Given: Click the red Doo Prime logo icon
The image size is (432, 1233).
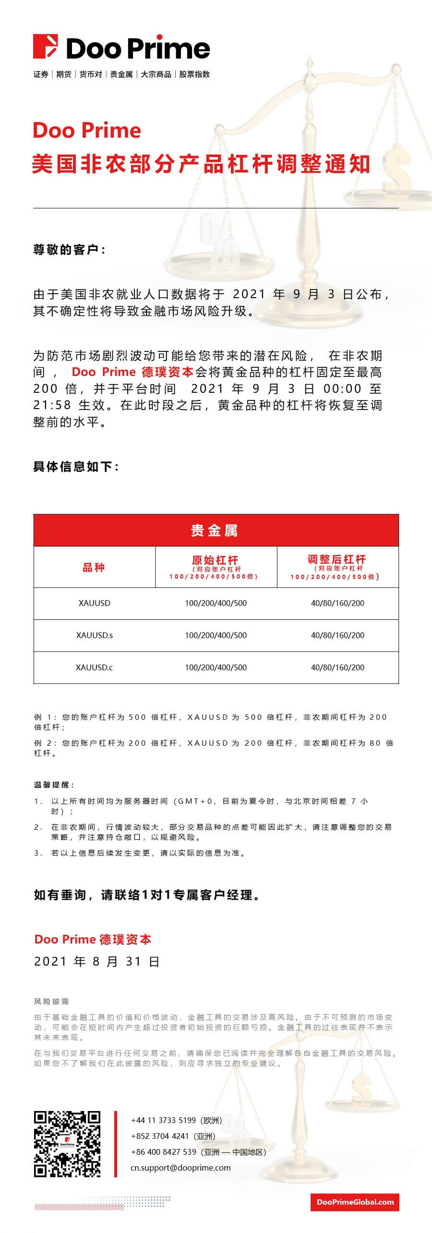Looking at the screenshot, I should point(45,47).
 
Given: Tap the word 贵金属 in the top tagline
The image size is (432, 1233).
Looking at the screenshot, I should point(121,74).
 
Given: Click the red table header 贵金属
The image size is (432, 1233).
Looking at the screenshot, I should point(216,531).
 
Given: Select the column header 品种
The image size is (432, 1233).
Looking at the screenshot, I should point(94,568).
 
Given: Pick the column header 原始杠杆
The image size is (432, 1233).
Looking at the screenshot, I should point(216,560).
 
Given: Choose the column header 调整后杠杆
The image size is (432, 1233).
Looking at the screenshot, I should point(337,559).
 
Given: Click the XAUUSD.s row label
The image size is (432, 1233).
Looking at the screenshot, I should point(95,635).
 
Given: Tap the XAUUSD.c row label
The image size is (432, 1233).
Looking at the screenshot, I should point(95,667).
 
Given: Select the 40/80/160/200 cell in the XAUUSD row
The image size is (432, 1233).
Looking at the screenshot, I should point(337,603).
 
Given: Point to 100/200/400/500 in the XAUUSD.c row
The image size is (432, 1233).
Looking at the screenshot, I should point(216,667).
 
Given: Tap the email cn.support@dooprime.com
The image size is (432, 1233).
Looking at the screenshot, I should point(180,1168).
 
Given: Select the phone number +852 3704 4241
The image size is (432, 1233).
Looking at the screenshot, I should point(160,1136).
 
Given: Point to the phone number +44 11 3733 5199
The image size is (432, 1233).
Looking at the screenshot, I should point(163,1120).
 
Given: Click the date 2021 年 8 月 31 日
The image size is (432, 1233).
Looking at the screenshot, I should point(96,961).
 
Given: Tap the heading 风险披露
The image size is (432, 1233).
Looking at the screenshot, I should point(51,1001).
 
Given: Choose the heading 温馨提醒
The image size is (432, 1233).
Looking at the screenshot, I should point(54,785).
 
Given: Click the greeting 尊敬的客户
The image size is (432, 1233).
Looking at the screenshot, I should point(69,250).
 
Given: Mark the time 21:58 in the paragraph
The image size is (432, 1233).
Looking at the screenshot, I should point(52,405).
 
